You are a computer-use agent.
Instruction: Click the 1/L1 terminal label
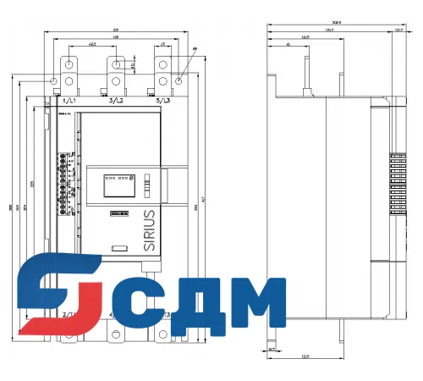pos(69,101)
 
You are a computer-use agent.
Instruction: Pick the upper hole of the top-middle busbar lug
pos(116,63)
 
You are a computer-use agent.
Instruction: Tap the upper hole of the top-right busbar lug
pos(162,63)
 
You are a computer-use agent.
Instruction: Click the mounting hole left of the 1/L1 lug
pos(54,81)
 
